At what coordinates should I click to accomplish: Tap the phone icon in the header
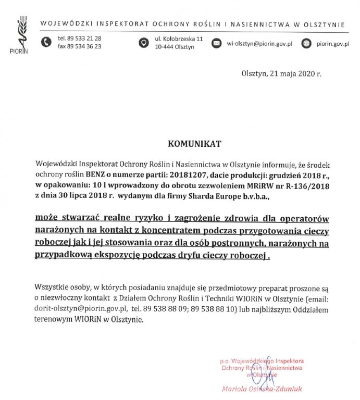click(x=46, y=42)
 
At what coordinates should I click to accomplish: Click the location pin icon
click(x=143, y=43)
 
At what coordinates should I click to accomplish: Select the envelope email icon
click(x=216, y=43)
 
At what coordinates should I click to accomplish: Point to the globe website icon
click(x=306, y=43)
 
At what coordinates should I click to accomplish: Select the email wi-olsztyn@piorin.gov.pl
click(x=258, y=43)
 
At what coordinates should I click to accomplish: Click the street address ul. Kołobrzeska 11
click(x=179, y=39)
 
